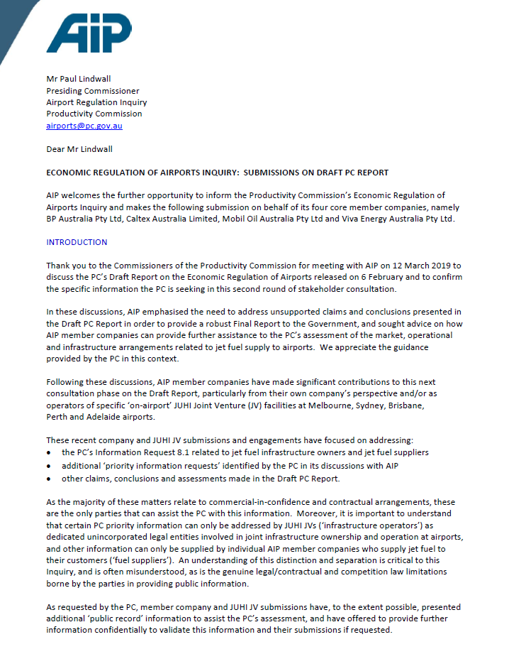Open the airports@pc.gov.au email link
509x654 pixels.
pos(84,126)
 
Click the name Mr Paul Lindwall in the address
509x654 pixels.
pos(79,79)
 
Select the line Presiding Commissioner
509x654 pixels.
pos(92,91)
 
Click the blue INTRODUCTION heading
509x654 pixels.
pos(77,242)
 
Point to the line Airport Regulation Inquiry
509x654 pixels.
pos(96,102)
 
